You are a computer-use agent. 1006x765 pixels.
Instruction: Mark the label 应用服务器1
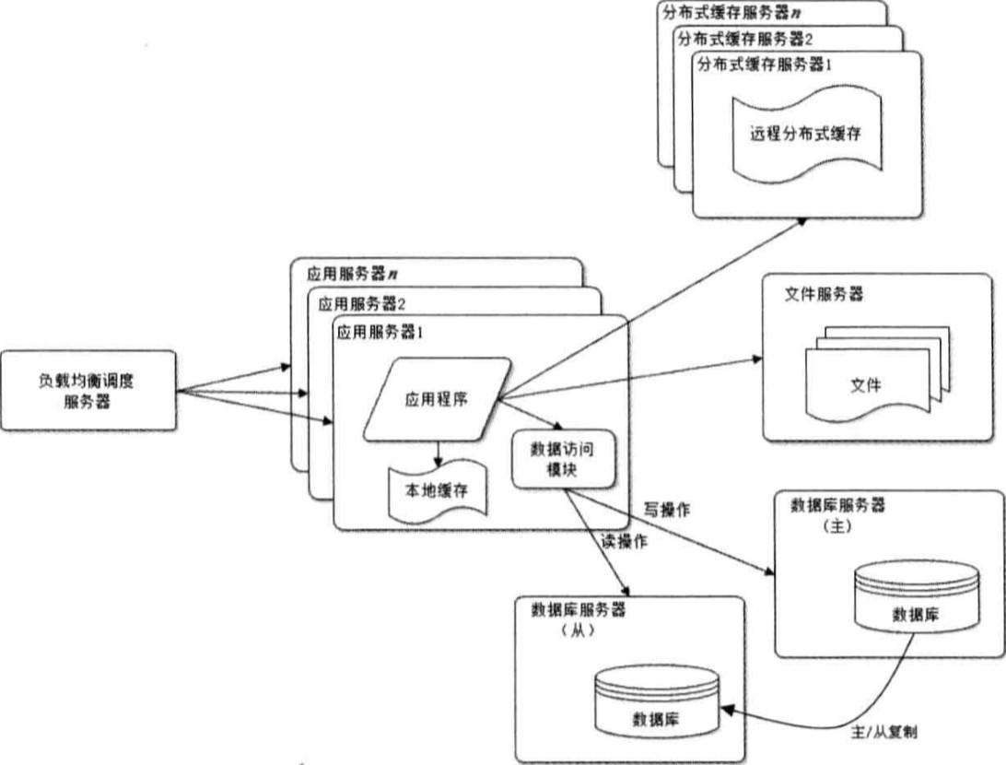tap(379, 331)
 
